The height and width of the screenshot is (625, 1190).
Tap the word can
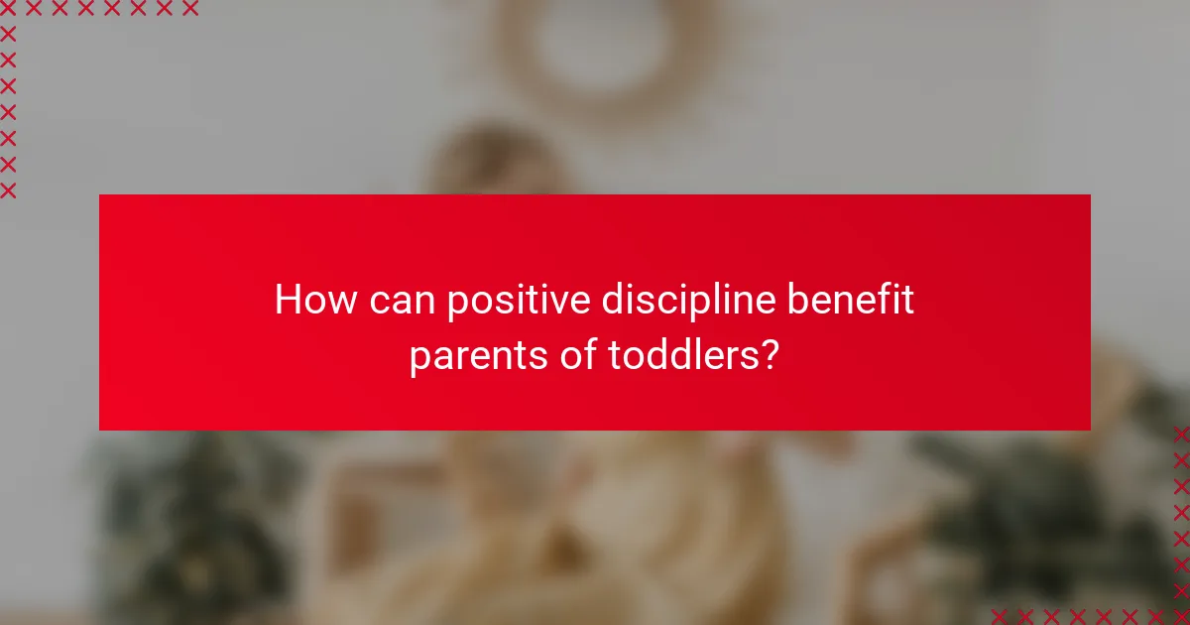coord(402,300)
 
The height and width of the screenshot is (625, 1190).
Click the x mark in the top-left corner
coord(8,9)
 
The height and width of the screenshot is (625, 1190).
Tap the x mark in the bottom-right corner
coord(1180,615)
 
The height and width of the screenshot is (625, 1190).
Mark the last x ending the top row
coord(189,9)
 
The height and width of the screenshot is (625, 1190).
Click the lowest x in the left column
coord(8,189)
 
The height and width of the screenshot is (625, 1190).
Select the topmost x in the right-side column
coord(1180,435)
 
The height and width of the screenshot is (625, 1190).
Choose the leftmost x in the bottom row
coord(1000,615)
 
